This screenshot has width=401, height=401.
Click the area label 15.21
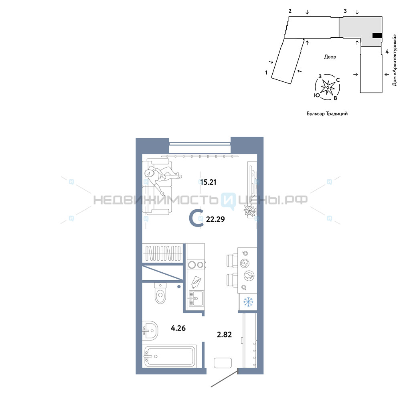(208, 182)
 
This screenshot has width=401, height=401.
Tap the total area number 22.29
(215, 219)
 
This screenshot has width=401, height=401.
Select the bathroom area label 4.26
(178, 328)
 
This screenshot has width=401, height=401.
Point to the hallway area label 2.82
(224, 334)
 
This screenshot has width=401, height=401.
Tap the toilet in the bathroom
(160, 293)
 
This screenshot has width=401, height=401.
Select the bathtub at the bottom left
(169, 356)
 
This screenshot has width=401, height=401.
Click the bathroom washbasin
(150, 331)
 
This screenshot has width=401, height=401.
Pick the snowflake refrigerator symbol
(248, 302)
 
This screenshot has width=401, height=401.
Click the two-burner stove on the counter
(196, 265)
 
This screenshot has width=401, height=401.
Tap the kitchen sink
(196, 298)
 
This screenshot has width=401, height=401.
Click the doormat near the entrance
(223, 363)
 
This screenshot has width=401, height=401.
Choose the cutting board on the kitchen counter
(196, 282)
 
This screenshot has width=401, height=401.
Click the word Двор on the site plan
(330, 57)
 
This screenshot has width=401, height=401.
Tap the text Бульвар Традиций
(327, 113)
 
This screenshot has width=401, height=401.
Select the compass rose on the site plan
(327, 87)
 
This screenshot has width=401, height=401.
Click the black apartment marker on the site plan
(377, 36)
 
